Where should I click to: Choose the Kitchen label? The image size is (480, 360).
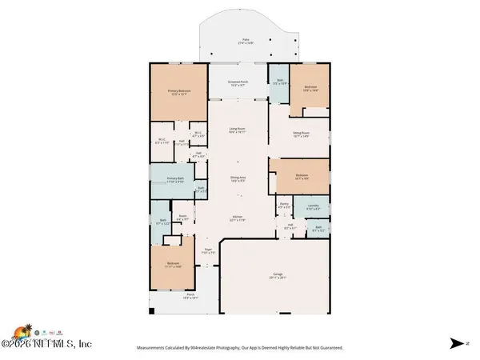(238, 218)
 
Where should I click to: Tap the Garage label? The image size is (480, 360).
(275, 277)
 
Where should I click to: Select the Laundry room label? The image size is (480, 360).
(314, 208)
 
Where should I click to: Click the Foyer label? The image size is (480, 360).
(206, 250)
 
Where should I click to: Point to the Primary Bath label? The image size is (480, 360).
(175, 180)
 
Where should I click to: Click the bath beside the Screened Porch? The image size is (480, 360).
(280, 82)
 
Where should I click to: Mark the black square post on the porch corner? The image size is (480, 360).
(150, 310)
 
